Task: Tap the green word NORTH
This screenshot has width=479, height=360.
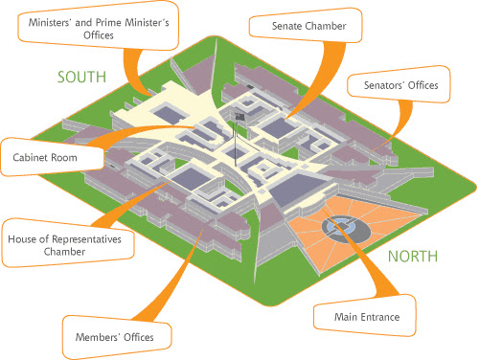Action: (413, 256)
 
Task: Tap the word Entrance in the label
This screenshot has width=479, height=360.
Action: (380, 316)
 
